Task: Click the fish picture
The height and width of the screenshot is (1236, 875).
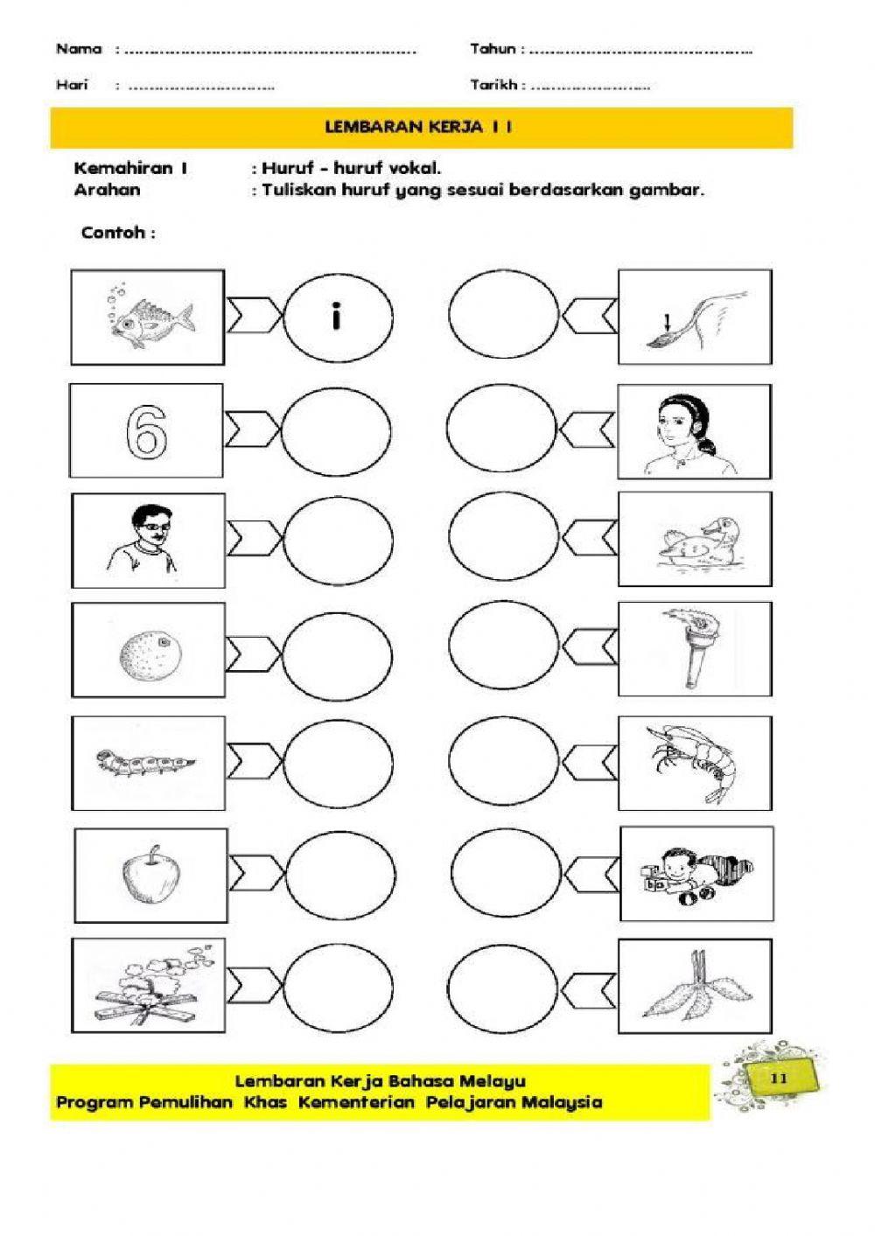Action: point(149,318)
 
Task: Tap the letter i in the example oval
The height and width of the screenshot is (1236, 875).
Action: point(337,317)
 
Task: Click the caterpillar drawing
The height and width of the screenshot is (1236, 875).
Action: point(146,761)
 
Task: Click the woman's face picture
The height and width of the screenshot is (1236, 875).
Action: point(694,430)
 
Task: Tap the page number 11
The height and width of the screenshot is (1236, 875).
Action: point(780,1079)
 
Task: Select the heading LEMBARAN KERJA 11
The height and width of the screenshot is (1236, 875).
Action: point(418,128)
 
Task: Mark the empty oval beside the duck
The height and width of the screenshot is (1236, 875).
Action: point(502,539)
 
